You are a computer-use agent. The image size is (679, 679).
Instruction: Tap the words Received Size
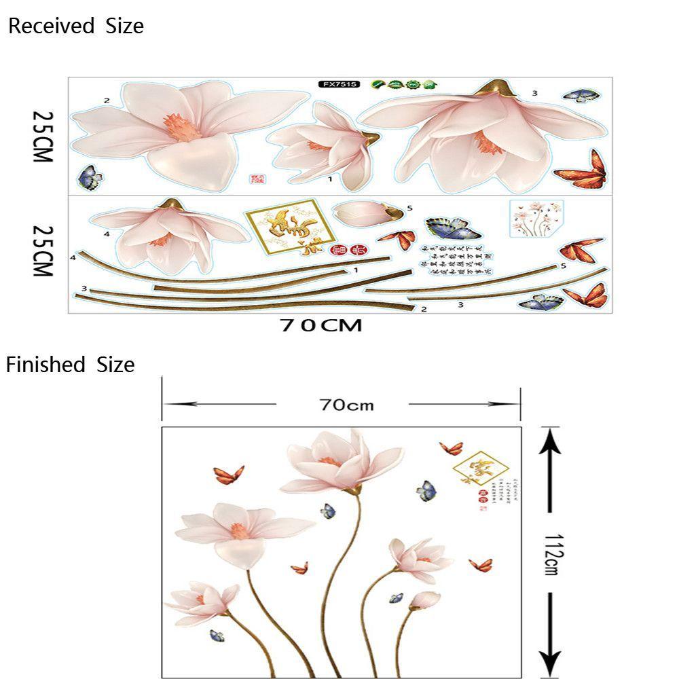click(75, 26)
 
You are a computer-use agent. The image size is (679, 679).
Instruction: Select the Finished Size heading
click(71, 365)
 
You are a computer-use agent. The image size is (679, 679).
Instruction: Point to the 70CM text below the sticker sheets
click(321, 325)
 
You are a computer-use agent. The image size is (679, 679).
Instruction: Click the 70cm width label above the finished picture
click(346, 405)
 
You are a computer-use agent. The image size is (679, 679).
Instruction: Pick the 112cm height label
click(551, 553)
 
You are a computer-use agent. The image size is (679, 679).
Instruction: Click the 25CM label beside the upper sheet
click(42, 136)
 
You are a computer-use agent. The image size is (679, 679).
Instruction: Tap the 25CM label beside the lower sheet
click(42, 251)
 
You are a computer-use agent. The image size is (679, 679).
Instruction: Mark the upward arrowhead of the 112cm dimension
click(551, 442)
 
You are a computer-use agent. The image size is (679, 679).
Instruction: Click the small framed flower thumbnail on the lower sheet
click(536, 218)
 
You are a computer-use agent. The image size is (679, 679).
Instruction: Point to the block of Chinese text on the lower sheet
click(456, 259)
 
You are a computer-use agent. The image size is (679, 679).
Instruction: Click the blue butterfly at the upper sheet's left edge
click(90, 178)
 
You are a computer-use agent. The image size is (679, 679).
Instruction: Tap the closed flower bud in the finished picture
click(424, 600)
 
